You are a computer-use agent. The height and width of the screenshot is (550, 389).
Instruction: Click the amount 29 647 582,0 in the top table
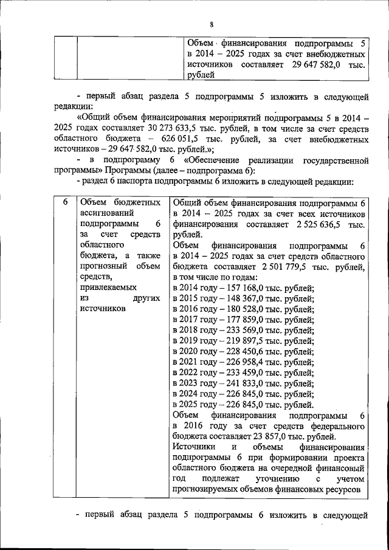(315, 64)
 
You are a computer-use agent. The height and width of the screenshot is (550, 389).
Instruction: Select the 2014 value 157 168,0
(249, 288)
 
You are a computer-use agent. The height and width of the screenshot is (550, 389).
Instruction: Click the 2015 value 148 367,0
(249, 299)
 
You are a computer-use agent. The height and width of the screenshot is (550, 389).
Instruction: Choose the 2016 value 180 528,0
(249, 310)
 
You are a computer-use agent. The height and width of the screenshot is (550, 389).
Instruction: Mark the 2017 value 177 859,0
(249, 321)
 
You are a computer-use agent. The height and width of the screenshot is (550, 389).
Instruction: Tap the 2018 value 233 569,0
(249, 332)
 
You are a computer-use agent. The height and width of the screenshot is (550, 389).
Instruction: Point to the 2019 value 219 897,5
(249, 343)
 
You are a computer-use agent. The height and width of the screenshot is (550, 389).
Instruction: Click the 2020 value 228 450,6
(249, 354)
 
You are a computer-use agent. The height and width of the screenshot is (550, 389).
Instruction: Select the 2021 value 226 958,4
(249, 365)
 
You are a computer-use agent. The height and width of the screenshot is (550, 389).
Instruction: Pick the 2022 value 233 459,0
(249, 376)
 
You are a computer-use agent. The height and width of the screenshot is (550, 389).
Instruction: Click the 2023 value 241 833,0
(249, 387)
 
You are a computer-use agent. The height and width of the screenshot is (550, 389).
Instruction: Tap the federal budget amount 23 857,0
(265, 436)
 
